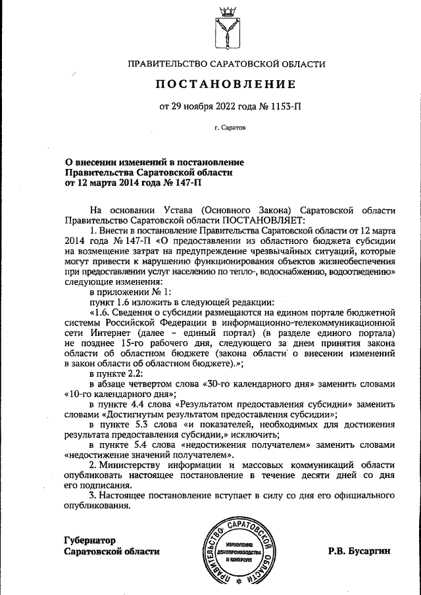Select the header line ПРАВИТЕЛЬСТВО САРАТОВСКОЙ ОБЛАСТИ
[226, 64]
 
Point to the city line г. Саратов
[226, 130]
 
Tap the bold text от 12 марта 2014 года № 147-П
[123, 183]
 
